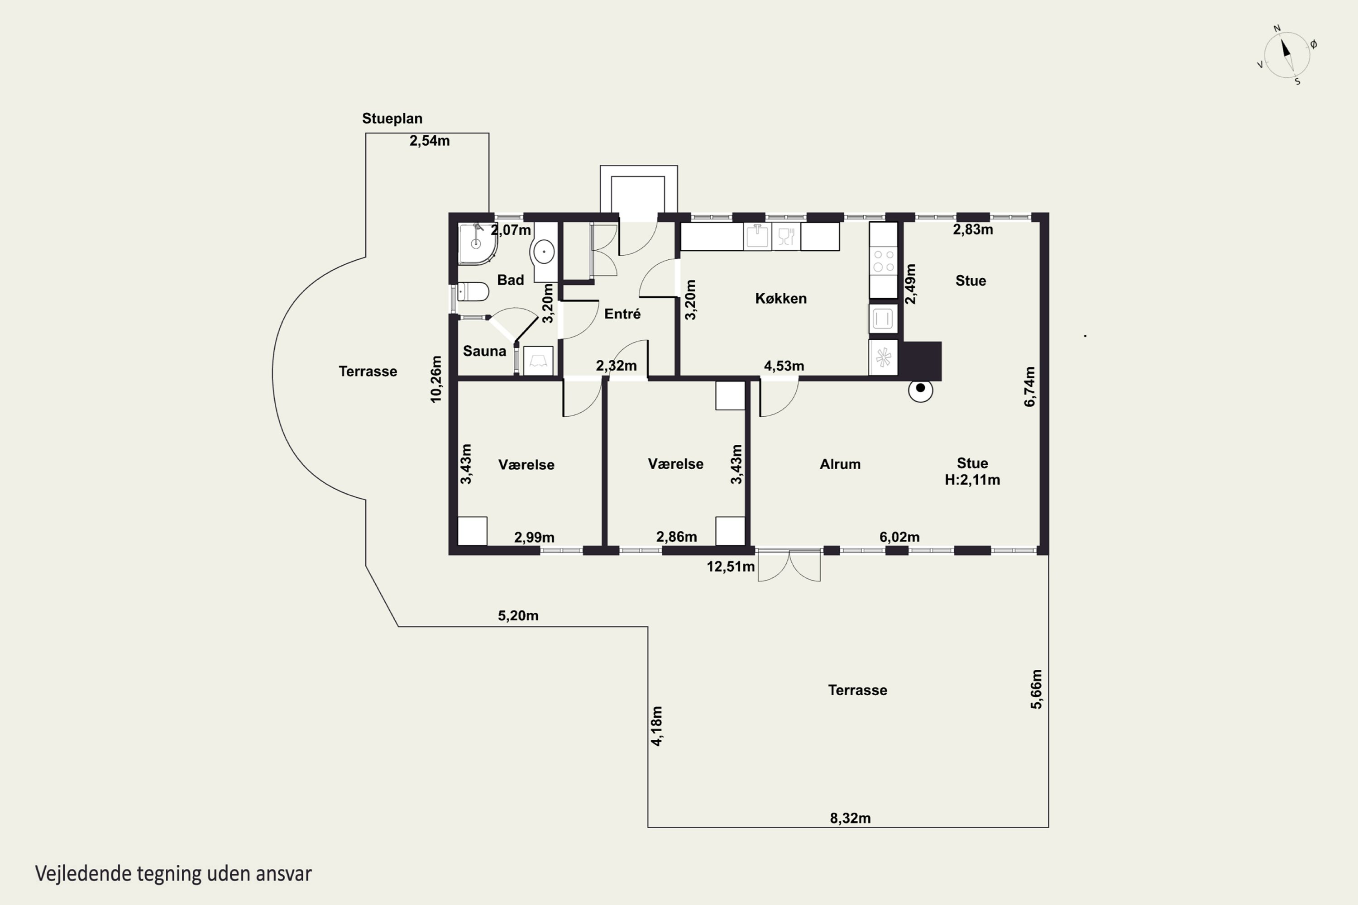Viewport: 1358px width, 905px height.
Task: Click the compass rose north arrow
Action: [1286, 48]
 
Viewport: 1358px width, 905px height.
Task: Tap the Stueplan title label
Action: [392, 118]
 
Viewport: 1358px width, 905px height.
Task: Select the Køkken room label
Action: [780, 298]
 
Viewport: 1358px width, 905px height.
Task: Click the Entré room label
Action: [622, 314]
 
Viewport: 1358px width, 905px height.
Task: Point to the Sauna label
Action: [484, 351]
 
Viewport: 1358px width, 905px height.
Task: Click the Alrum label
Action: [840, 464]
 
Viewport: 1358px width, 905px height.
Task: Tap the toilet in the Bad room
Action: [473, 291]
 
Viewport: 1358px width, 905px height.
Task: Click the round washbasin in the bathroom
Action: [543, 252]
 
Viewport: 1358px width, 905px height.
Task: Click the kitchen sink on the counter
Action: [757, 237]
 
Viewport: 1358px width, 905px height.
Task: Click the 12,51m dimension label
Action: [731, 567]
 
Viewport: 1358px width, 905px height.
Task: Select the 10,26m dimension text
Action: [436, 379]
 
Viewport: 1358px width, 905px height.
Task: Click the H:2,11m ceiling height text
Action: [972, 480]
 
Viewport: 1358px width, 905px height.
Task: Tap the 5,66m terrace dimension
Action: [1037, 689]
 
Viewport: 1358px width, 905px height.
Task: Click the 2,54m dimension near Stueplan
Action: [430, 141]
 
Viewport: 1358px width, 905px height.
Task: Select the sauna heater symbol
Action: [538, 361]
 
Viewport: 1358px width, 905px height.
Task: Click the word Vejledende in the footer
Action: [83, 873]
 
